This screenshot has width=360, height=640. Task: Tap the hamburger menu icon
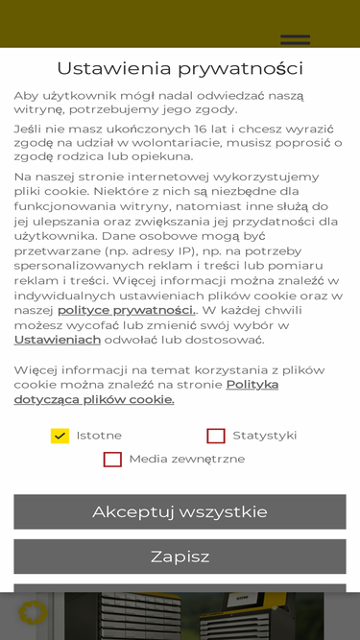pyautogui.click(x=295, y=39)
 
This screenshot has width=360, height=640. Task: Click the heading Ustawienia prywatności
pyautogui.click(x=180, y=68)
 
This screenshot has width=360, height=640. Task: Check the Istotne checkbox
pyautogui.click(x=60, y=436)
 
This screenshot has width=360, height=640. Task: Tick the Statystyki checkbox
pyautogui.click(x=216, y=436)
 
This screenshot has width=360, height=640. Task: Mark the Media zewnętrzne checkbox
pyautogui.click(x=112, y=460)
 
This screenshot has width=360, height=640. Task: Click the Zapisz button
pyautogui.click(x=180, y=557)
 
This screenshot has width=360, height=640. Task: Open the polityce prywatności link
pyautogui.click(x=126, y=310)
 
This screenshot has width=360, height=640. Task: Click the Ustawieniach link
pyautogui.click(x=58, y=340)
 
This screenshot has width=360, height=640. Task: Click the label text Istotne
pyautogui.click(x=99, y=436)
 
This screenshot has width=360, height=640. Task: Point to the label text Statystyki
pyautogui.click(x=265, y=436)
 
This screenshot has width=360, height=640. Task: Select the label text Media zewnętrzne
pyautogui.click(x=186, y=460)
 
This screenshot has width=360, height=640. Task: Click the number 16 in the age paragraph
pyautogui.click(x=201, y=129)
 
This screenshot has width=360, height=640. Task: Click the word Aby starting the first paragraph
pyautogui.click(x=26, y=96)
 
